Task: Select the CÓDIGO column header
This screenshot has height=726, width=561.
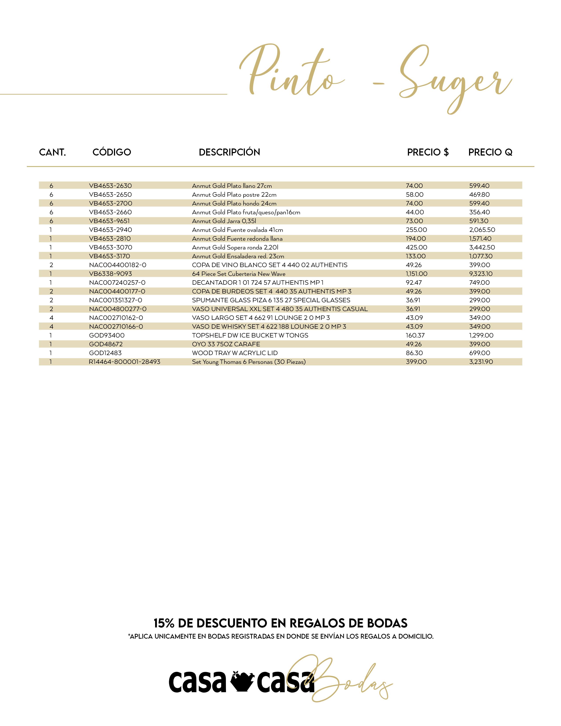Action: coord(112,152)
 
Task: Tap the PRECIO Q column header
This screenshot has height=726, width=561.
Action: coord(490,152)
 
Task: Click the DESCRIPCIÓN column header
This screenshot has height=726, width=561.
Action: coord(229,152)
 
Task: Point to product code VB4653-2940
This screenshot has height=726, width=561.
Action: coord(110,230)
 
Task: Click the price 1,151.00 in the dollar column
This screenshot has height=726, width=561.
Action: coord(416,274)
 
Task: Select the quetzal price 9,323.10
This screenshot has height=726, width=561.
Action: coord(480,274)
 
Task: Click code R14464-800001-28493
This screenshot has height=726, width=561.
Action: coord(124,362)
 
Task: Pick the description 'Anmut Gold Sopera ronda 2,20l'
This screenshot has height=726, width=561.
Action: coord(235,247)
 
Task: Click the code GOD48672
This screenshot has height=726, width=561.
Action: coord(106,344)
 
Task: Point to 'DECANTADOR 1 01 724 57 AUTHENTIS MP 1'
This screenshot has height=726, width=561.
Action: coord(258,282)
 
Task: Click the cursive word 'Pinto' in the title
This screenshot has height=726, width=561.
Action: coord(289,71)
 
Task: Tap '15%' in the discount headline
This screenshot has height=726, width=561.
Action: coord(164,623)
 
